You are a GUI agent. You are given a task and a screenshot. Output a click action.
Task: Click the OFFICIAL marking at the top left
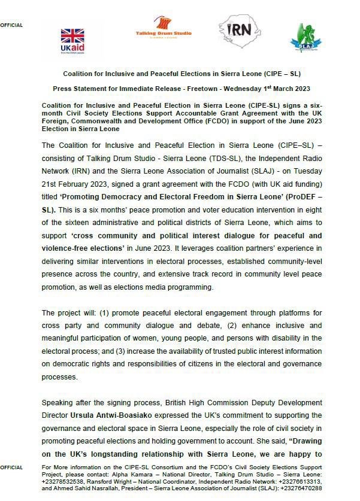click(x=11, y=25)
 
